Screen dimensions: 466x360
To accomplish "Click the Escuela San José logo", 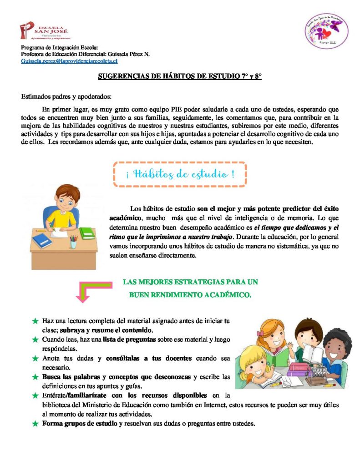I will [x=44, y=30].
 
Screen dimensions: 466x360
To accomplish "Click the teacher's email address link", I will [x=69, y=61].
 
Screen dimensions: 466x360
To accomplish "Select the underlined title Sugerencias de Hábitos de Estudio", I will [x=180, y=76].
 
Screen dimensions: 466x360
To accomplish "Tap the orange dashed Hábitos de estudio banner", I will [x=179, y=174].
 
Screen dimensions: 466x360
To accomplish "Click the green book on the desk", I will [x=87, y=233].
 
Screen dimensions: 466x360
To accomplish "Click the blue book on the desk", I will [x=42, y=240].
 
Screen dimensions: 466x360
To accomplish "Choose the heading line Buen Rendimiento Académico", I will [x=190, y=294].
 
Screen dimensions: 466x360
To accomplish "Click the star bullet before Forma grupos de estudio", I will [x=35, y=424].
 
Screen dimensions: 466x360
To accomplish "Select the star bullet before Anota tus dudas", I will [x=35, y=359].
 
